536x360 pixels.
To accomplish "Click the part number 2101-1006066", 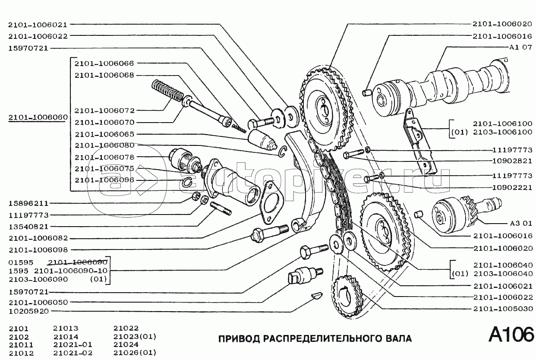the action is (104, 63).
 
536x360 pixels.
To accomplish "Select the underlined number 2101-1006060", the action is (38, 117).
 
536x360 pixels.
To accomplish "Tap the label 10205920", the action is (28, 311).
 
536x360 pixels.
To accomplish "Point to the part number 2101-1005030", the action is (503, 309).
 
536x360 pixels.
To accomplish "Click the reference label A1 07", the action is (520, 47).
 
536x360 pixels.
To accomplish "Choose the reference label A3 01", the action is (521, 223).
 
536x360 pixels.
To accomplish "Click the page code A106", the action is (511, 335).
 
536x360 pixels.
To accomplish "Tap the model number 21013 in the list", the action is (66, 328).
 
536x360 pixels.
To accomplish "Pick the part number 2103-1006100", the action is (503, 132).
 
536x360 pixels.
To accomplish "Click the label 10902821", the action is (512, 161).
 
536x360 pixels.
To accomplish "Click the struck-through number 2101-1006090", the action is (78, 262).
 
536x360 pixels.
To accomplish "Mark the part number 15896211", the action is (28, 203).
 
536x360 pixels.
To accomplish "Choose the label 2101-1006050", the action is (38, 302).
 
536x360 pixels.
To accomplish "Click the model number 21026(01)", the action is (135, 353).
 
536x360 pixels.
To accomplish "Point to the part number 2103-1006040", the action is (503, 273).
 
